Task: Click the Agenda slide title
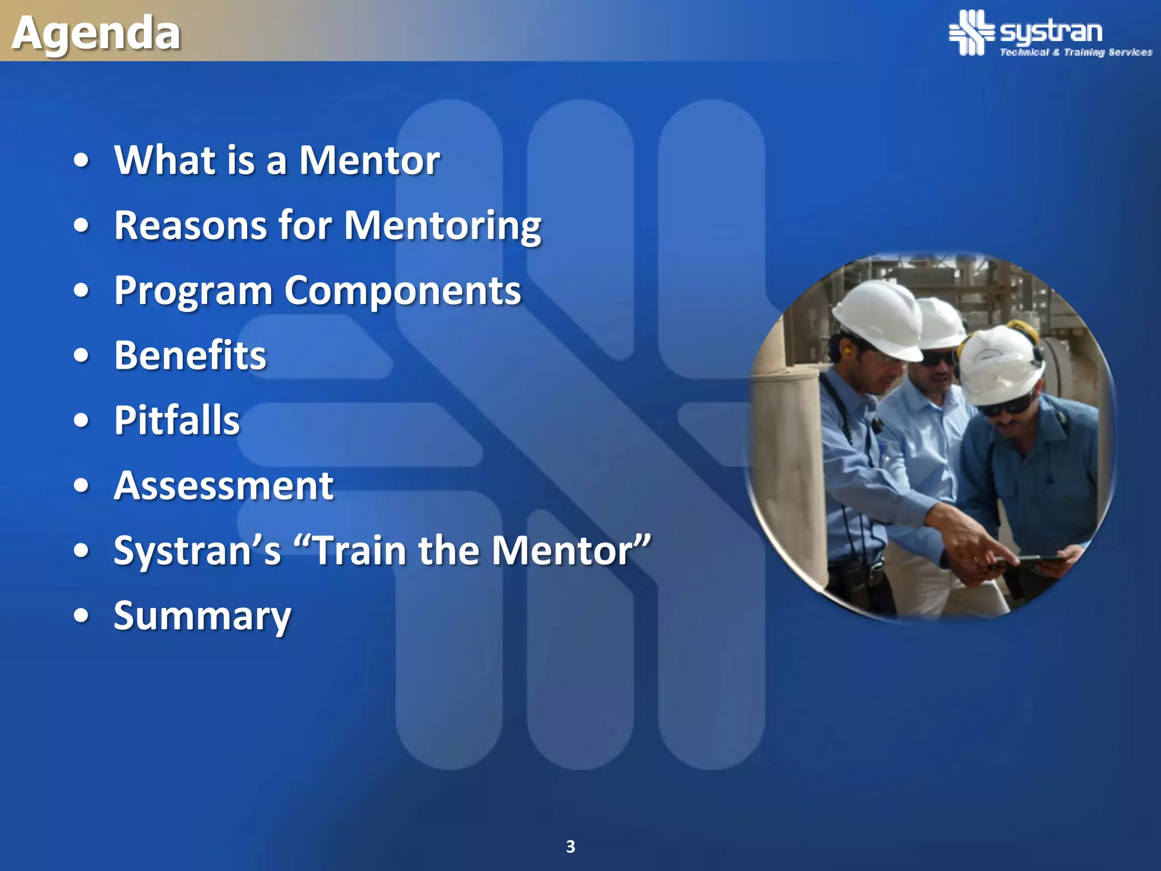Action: click(96, 33)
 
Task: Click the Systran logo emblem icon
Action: click(971, 32)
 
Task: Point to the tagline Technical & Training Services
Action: click(1075, 52)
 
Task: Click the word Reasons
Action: click(190, 226)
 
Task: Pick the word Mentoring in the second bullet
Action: click(442, 226)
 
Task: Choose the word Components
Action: click(402, 290)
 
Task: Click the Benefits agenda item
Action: click(190, 356)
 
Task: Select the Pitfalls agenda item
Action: click(177, 421)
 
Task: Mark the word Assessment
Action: click(224, 486)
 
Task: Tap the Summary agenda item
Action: click(202, 616)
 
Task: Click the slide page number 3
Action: click(570, 847)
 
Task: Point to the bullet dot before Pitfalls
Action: click(82, 421)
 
